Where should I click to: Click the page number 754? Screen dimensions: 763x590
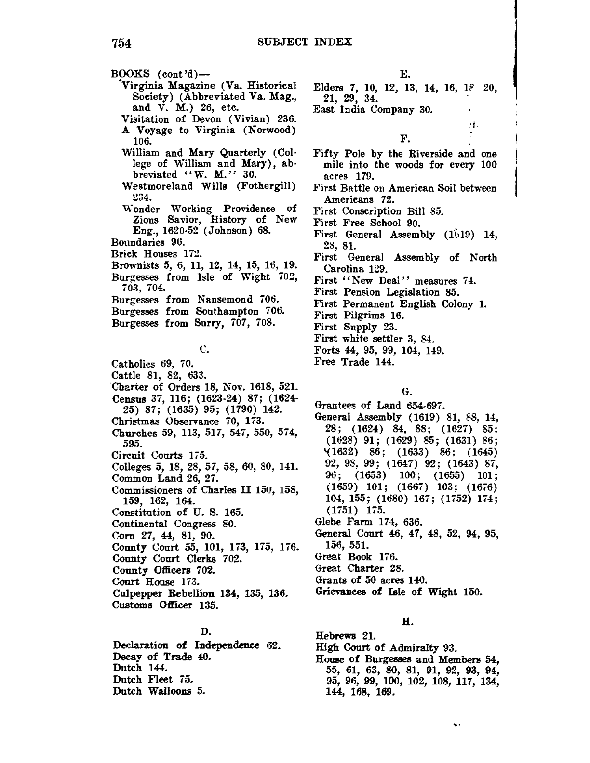point(121,43)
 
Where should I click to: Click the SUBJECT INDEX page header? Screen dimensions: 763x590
point(305,42)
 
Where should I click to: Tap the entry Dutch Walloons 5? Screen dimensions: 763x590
point(160,691)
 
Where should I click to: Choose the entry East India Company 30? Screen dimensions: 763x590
point(373,109)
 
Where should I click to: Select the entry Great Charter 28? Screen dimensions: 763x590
point(359,568)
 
